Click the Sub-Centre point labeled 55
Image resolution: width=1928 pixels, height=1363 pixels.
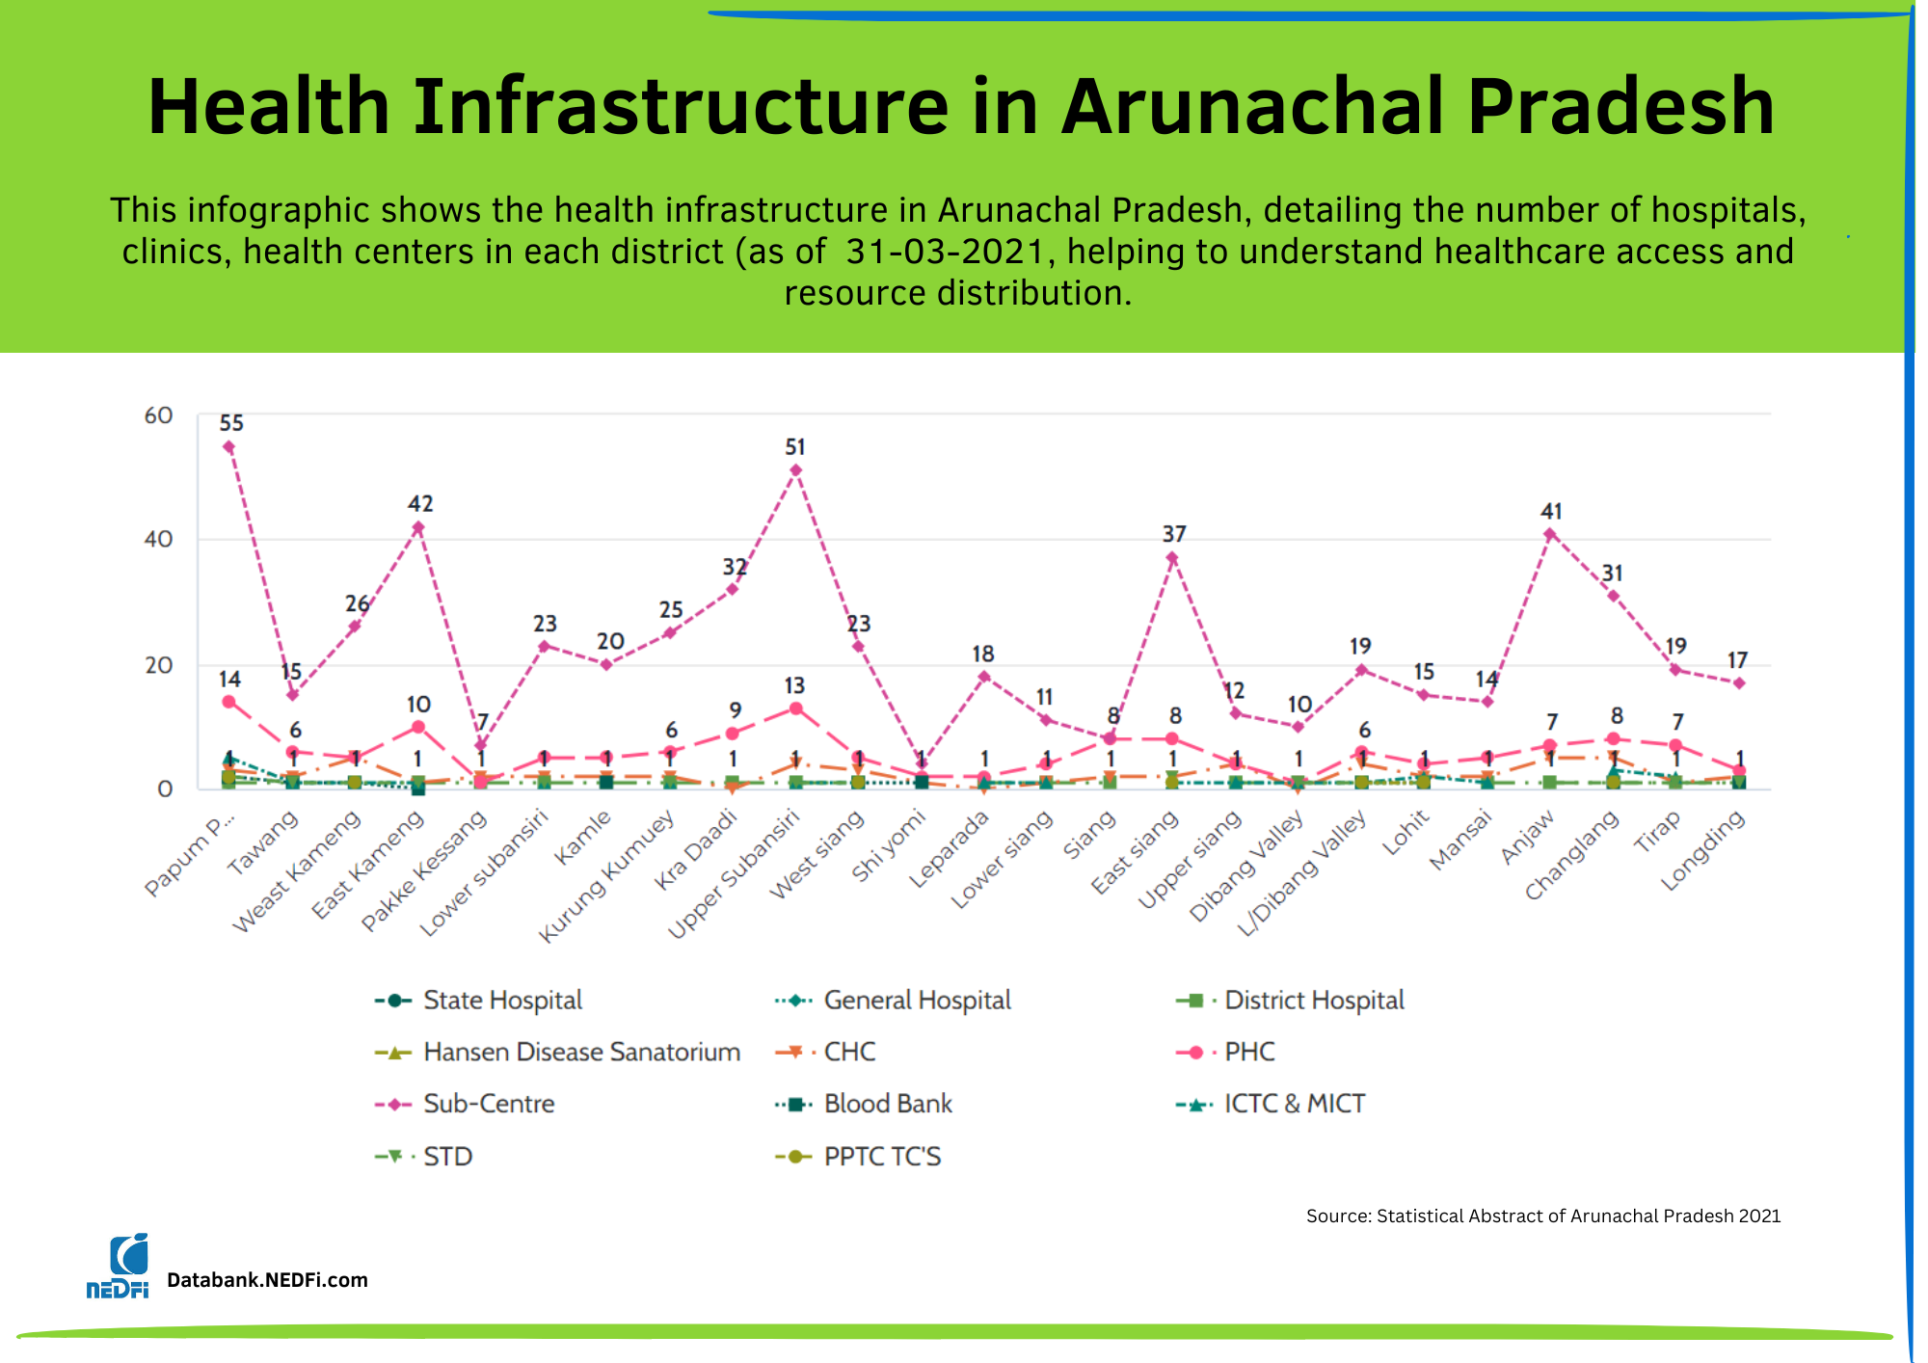point(228,447)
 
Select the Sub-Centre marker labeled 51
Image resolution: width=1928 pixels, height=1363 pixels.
point(795,470)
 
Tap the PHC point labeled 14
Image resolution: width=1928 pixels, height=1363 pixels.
point(228,702)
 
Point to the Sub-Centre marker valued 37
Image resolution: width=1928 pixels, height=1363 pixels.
point(1172,558)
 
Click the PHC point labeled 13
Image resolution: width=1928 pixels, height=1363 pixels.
point(795,708)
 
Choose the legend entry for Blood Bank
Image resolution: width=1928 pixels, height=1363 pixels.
point(887,1104)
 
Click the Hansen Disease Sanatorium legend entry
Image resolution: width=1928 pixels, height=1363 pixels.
point(581,1052)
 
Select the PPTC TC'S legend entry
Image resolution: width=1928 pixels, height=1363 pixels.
point(881,1156)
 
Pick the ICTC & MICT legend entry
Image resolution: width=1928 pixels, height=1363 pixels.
point(1294,1104)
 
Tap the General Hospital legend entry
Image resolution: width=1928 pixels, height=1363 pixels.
point(917,1001)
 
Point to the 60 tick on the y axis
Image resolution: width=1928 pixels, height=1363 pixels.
point(158,415)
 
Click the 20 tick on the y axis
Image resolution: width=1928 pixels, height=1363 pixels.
point(158,665)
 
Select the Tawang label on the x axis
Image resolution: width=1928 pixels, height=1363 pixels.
point(263,842)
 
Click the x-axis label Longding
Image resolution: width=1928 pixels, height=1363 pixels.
point(1703,849)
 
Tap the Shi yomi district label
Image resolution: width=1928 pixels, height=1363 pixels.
point(889,845)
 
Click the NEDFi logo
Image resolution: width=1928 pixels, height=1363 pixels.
point(118,1267)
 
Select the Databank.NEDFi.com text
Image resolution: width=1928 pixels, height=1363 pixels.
point(267,1280)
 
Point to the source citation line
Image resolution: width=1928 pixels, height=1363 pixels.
point(1542,1216)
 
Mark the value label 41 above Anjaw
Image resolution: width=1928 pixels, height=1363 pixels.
point(1551,512)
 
